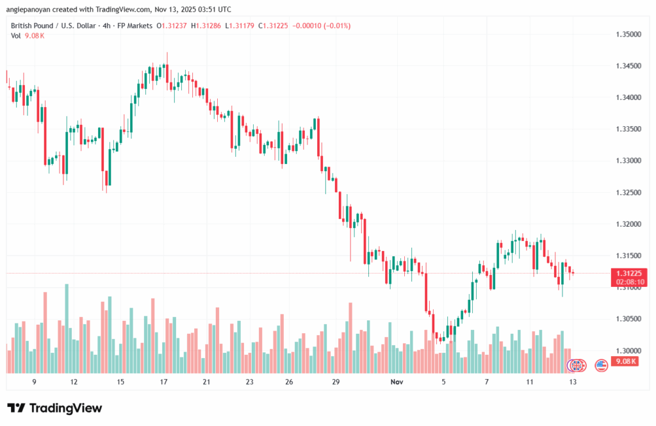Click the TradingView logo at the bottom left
[x=54, y=408]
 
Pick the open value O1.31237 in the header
[x=172, y=26]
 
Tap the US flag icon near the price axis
[x=601, y=365]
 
